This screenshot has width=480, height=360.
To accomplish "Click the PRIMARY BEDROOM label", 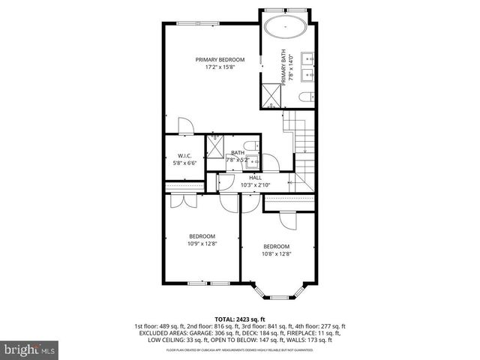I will [x=220, y=60].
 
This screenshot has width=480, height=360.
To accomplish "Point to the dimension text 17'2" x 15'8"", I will [x=220, y=67].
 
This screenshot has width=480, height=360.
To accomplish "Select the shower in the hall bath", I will [x=216, y=150].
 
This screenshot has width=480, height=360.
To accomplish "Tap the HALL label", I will [x=244, y=178].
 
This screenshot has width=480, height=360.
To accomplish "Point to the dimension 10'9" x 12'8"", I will [x=202, y=243].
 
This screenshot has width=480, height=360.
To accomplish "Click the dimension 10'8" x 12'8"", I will [x=276, y=254].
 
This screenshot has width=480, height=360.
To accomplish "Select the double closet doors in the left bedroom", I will [x=178, y=200].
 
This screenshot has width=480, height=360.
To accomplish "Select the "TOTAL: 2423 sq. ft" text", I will [x=240, y=319].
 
